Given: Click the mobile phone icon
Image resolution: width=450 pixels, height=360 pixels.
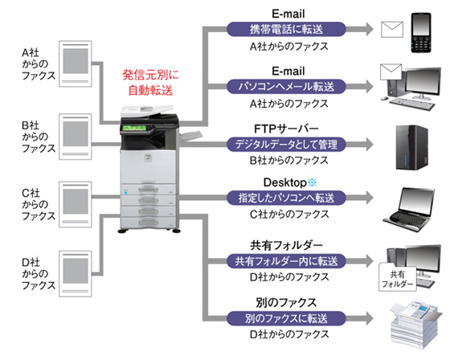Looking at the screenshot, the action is coord(421,32).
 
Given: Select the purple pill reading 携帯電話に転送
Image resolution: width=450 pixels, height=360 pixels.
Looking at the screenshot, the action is coord(286,29).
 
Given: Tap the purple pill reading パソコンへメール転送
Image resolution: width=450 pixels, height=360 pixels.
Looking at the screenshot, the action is coord(286,87).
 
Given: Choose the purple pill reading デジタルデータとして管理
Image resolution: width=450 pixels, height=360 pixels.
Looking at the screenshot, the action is coord(286,144).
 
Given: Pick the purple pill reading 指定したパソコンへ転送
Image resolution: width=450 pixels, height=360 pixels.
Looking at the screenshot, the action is coord(286,198).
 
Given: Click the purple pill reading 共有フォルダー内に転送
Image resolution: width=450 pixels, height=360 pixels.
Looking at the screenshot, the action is coord(286,261).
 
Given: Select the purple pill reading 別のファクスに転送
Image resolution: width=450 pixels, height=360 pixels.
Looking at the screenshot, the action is coord(286,318).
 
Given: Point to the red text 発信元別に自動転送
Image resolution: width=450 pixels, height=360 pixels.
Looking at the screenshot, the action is coord(150,83).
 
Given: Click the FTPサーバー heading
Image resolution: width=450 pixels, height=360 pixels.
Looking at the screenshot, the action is coord(286,129).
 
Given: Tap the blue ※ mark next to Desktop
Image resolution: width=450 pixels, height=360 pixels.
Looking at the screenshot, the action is coord(312,182).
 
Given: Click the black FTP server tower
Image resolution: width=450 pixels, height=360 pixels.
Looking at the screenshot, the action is coord(411,148).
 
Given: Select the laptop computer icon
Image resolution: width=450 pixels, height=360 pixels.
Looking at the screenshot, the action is coord(409,210).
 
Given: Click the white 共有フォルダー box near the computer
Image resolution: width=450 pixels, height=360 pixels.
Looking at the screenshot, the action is coord(398,277).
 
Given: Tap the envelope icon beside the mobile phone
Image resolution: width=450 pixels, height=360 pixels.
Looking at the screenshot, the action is coord(392,29).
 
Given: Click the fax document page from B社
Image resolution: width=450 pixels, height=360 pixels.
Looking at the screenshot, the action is coord(76,137).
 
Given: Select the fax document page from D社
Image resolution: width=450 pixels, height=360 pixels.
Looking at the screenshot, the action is coord(76,273).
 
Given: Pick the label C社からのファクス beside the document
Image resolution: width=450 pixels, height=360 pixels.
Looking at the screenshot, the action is coord(39,204).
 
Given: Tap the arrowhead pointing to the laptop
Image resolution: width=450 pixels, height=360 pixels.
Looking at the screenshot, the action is coord(368,198).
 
